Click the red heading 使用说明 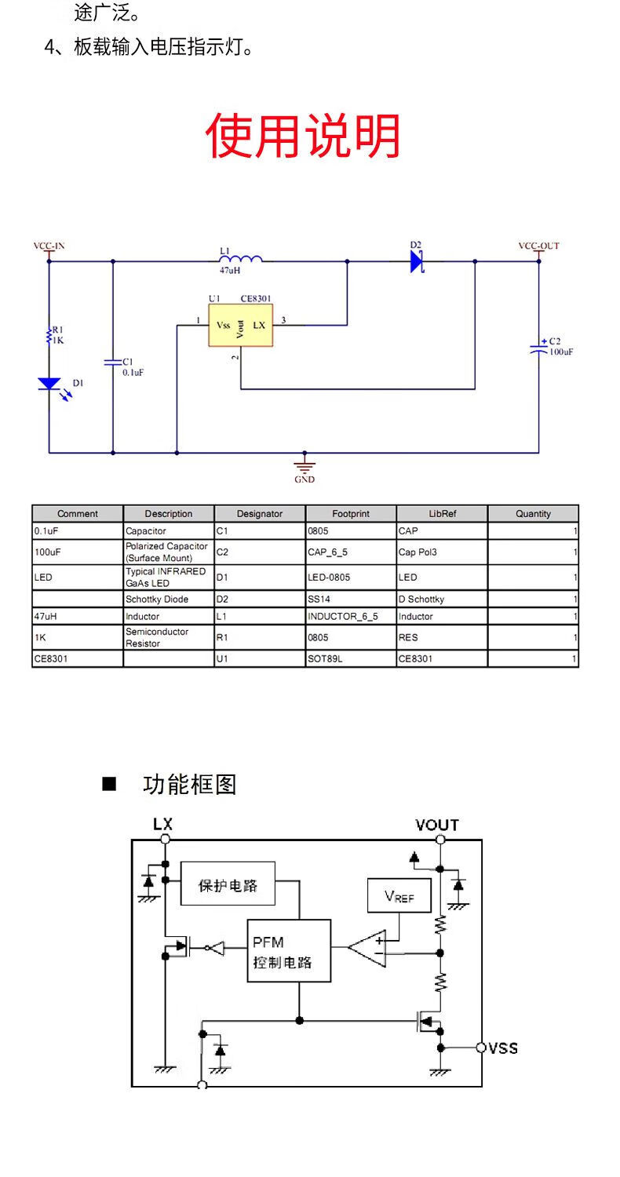[x=303, y=136]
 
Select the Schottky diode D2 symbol [x=416, y=261]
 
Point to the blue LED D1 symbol [x=50, y=384]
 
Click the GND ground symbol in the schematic [x=305, y=466]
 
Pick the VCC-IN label [x=49, y=246]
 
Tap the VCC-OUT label [x=538, y=246]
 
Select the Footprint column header [x=351, y=514]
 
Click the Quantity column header [x=533, y=514]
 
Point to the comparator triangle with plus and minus [x=367, y=948]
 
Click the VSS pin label [x=503, y=1048]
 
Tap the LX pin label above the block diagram [x=163, y=824]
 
